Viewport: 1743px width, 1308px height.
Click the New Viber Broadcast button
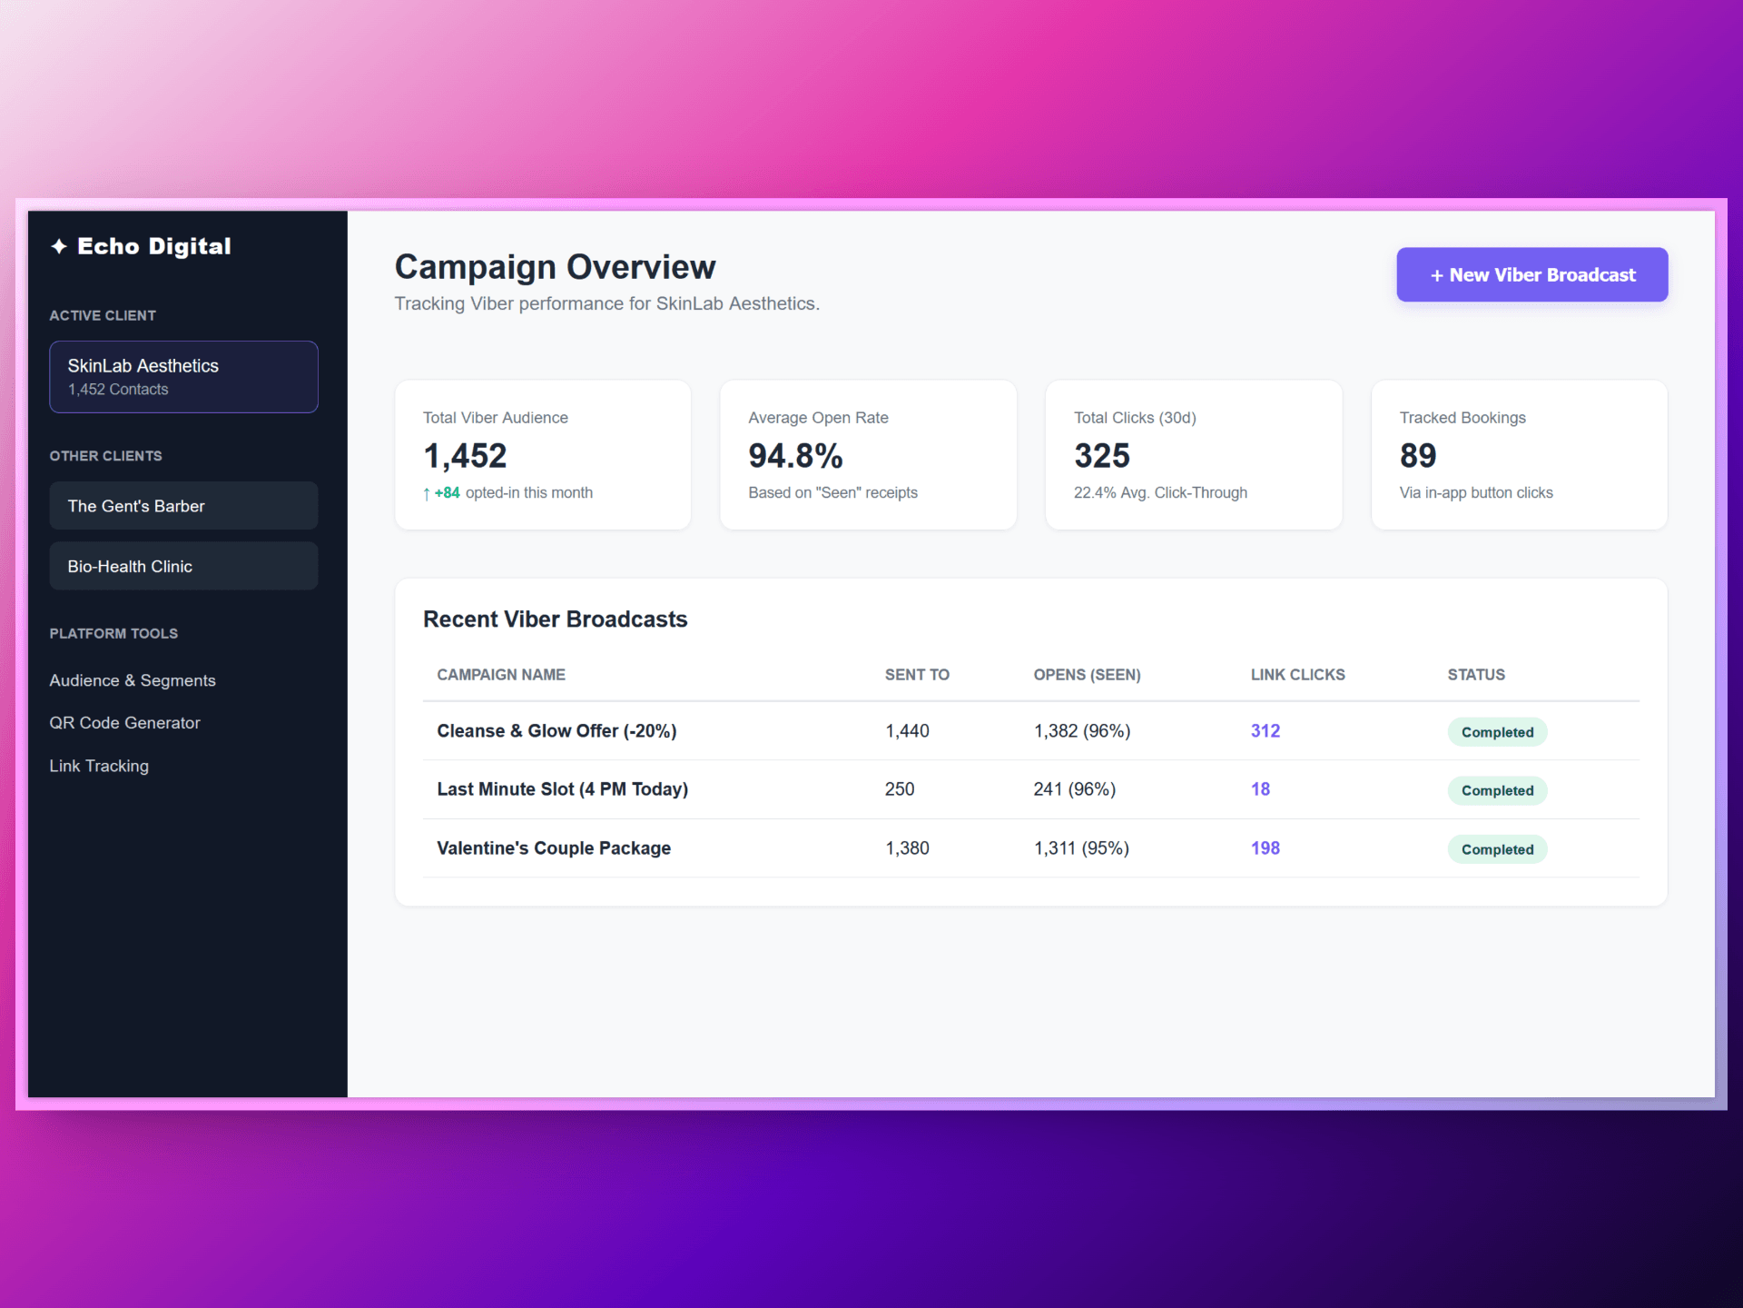click(x=1531, y=274)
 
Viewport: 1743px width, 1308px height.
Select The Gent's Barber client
click(x=183, y=506)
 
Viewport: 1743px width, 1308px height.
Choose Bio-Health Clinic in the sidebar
click(x=183, y=566)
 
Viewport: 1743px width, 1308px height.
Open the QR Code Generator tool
click(x=124, y=723)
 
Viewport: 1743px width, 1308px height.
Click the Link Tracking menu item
click(x=99, y=766)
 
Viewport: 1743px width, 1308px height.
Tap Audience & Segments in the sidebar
click(x=133, y=680)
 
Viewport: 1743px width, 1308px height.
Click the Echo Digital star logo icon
click(x=59, y=246)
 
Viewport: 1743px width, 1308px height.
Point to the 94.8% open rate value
click(x=795, y=456)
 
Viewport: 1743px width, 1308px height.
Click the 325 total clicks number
click(x=1102, y=456)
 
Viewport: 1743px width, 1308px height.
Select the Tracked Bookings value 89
click(x=1418, y=456)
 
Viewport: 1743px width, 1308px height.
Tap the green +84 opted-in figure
click(x=447, y=493)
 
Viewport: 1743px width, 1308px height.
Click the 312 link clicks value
click(x=1265, y=731)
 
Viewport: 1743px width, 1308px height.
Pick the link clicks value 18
click(x=1260, y=789)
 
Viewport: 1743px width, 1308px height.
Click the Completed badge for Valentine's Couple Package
click(x=1497, y=849)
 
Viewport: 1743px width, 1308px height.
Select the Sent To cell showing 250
click(x=900, y=789)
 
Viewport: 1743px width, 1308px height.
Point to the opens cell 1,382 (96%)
click(x=1082, y=731)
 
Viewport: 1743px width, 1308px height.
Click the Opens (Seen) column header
click(x=1087, y=675)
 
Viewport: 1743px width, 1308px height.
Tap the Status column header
click(x=1476, y=675)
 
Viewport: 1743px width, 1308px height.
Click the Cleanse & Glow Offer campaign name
click(x=556, y=731)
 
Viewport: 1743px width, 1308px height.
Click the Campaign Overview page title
click(x=555, y=267)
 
